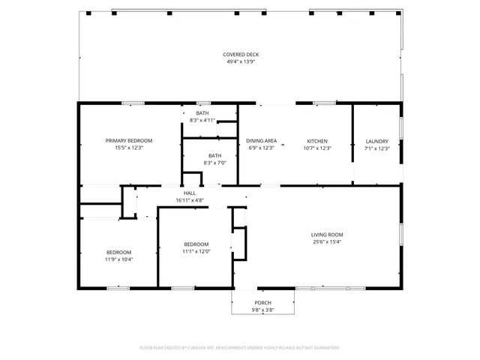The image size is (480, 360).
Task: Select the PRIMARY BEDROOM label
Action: pyautogui.click(x=129, y=141)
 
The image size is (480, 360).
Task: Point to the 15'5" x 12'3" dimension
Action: pyautogui.click(x=129, y=148)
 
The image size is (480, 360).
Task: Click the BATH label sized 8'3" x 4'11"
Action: pyautogui.click(x=202, y=112)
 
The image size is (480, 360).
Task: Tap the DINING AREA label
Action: pyautogui.click(x=262, y=141)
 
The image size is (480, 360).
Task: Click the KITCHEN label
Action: pyautogui.click(x=317, y=141)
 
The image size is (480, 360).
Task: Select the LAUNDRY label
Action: pyautogui.click(x=376, y=141)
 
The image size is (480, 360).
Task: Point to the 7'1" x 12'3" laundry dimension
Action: pyautogui.click(x=376, y=148)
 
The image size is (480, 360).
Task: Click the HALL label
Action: pyautogui.click(x=190, y=193)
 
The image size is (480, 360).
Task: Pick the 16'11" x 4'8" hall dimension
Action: pyautogui.click(x=190, y=200)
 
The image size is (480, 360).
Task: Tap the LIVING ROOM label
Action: pyautogui.click(x=327, y=235)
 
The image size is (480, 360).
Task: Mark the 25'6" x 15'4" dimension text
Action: pyautogui.click(x=327, y=242)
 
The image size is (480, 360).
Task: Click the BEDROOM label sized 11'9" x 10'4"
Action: pyautogui.click(x=118, y=252)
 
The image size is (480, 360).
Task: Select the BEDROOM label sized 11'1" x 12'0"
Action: pyautogui.click(x=196, y=244)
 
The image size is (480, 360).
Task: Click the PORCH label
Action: pyautogui.click(x=262, y=303)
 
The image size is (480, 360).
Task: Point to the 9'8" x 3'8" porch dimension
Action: pyautogui.click(x=262, y=310)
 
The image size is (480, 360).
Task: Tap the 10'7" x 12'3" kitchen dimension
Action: pyautogui.click(x=317, y=148)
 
